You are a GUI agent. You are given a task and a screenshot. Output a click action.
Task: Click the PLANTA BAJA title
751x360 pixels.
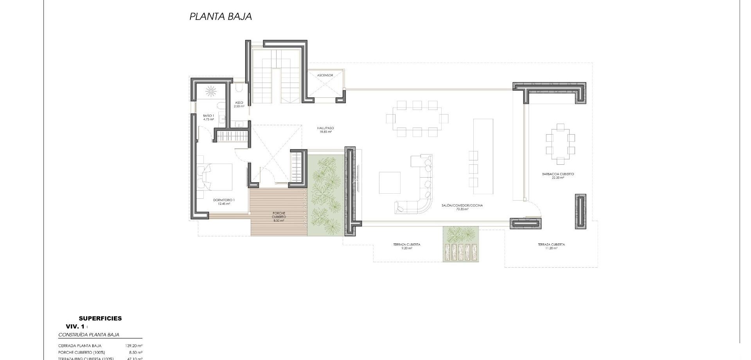pyautogui.click(x=221, y=16)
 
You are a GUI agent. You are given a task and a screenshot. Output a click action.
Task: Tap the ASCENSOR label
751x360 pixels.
pyautogui.click(x=325, y=75)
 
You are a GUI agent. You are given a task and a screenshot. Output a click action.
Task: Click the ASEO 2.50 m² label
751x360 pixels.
pyautogui.click(x=239, y=104)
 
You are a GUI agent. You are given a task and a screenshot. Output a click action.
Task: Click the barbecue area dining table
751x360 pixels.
pyautogui.click(x=561, y=144)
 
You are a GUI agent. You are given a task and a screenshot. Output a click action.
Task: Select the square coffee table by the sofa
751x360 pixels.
pyautogui.click(x=389, y=183)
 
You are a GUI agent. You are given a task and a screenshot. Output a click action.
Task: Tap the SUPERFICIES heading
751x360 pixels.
pyautogui.click(x=100, y=319)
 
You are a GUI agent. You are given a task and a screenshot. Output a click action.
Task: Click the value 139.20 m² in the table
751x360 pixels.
pyautogui.click(x=134, y=346)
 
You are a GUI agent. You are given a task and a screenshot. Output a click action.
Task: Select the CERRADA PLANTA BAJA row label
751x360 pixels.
pyautogui.click(x=80, y=346)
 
